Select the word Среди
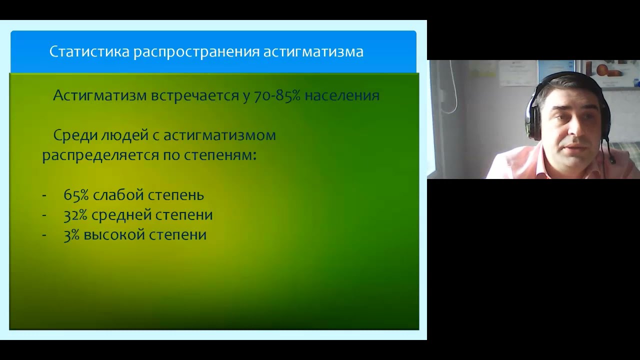pos(73,135)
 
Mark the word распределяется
pos(100,155)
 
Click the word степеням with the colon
pos(217,155)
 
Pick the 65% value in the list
pos(76,194)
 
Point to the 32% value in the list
pos(76,214)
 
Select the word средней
pos(123,214)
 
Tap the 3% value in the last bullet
pos(71,234)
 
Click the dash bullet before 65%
pos(44,195)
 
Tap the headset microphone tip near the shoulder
pos(611,161)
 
